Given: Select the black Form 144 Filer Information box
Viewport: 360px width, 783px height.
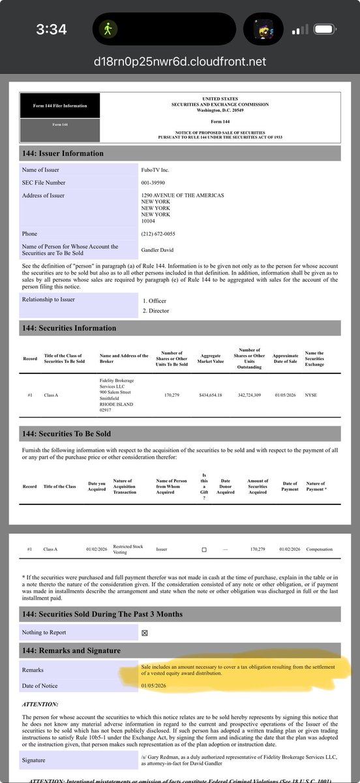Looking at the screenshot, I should tap(59, 105).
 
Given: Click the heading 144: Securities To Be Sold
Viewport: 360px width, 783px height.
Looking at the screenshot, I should tap(67, 433).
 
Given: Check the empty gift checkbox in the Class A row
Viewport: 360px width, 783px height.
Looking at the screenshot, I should tap(204, 550).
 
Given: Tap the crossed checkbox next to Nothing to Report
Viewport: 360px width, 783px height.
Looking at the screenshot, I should tap(145, 632).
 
